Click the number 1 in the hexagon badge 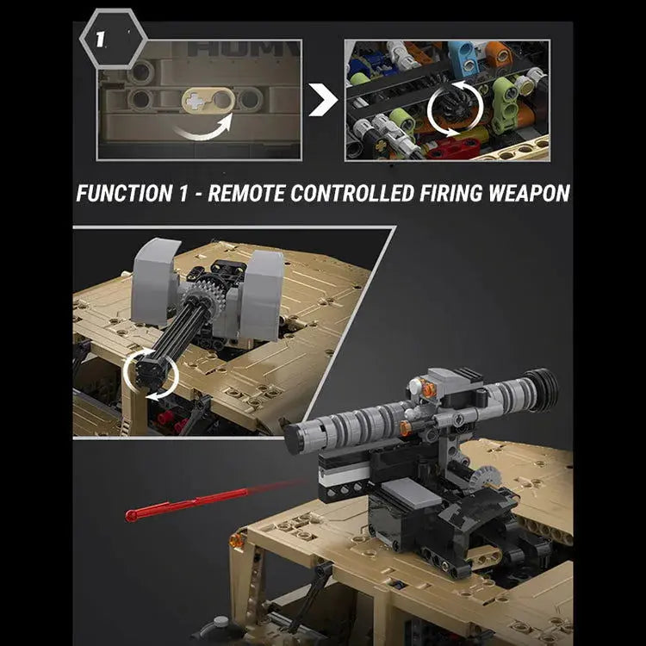[x=100, y=40]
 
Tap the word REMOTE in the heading [x=246, y=193]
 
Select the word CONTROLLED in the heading [x=351, y=193]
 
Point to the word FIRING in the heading [x=450, y=193]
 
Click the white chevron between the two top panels [x=322, y=100]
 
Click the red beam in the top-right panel [x=448, y=147]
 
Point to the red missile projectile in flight [x=188, y=503]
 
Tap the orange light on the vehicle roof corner [x=236, y=540]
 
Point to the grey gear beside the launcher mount [x=485, y=479]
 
